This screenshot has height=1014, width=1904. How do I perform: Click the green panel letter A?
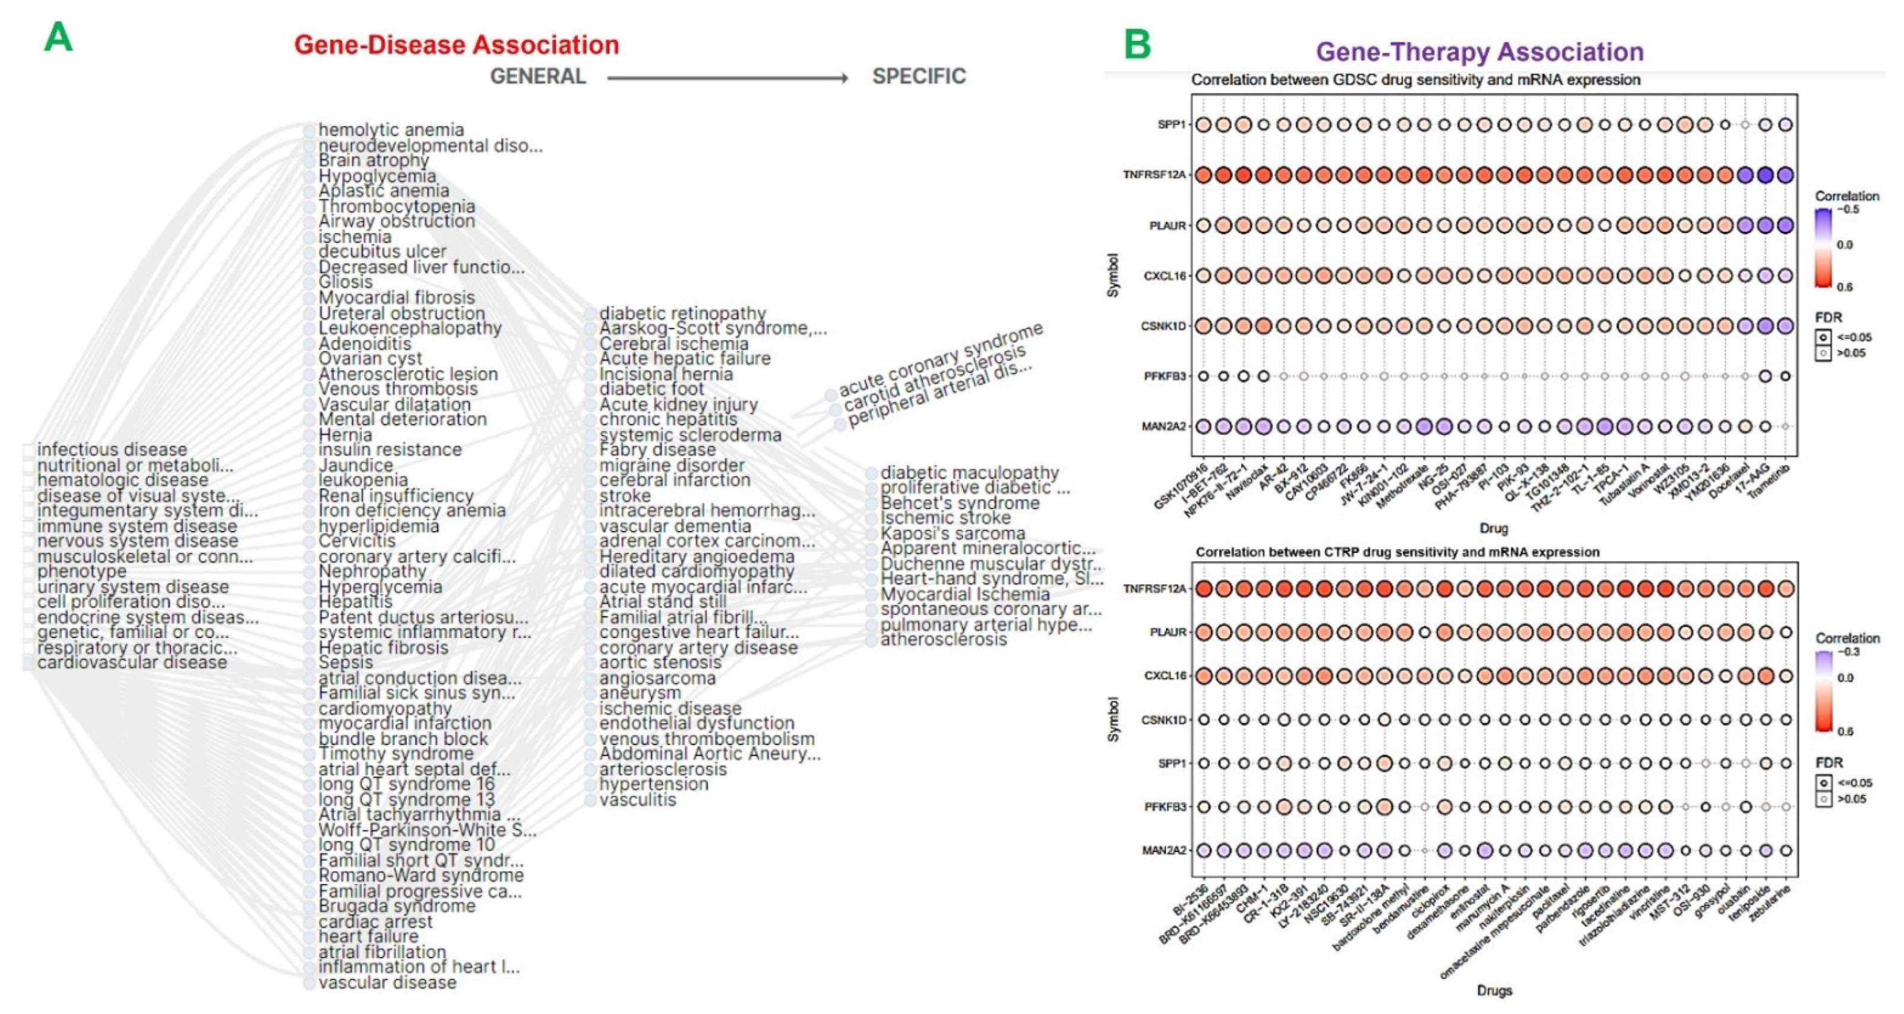coord(58,37)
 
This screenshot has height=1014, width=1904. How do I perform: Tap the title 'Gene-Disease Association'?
coord(456,45)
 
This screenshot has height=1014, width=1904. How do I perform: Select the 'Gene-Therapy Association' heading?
coord(1480,52)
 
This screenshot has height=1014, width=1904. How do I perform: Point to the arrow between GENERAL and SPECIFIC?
coord(728,78)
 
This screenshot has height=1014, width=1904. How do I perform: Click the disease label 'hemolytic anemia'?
coord(391,130)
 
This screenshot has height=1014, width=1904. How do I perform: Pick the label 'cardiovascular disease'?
coord(132,663)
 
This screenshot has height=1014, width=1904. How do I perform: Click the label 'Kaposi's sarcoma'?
coord(953,533)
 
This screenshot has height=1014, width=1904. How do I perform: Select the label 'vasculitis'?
coord(637,800)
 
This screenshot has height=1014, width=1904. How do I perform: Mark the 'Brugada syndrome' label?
coord(397,906)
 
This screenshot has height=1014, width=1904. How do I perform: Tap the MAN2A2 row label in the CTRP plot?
coord(1163,851)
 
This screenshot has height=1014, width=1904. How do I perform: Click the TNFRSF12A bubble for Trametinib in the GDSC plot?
coord(1785,175)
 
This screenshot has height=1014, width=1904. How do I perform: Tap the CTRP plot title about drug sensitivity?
coord(1397,552)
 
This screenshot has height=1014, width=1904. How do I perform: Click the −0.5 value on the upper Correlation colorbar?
coord(1849,210)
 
